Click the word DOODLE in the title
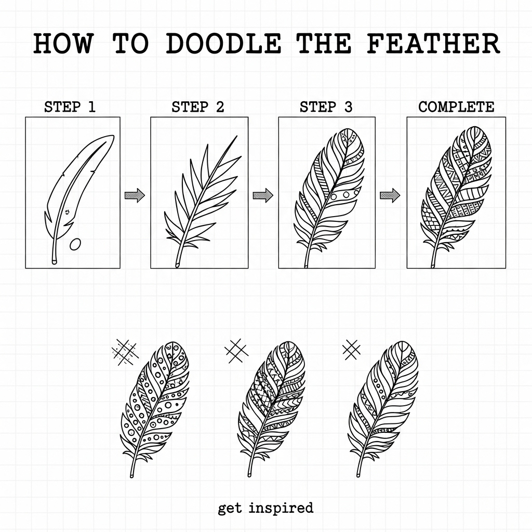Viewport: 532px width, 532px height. click(x=223, y=44)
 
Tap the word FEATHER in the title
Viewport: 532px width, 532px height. click(x=433, y=44)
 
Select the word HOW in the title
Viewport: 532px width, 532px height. click(x=63, y=44)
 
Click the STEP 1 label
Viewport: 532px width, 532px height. click(x=70, y=107)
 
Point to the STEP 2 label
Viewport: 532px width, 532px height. click(x=198, y=107)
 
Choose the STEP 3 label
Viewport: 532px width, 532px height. click(x=326, y=107)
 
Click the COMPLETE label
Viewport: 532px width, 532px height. click(x=456, y=107)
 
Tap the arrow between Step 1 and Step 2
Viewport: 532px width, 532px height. click(x=135, y=195)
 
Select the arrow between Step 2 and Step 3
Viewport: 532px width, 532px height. click(x=263, y=195)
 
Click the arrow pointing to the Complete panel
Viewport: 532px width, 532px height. click(x=390, y=195)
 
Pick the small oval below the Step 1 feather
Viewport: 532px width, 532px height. click(x=75, y=244)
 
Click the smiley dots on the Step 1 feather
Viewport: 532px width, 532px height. click(x=67, y=212)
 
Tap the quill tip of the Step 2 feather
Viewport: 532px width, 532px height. click(x=177, y=265)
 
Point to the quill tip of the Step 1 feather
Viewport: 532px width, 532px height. click(x=54, y=262)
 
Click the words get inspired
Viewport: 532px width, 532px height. click(x=265, y=508)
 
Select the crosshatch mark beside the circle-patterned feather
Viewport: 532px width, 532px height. click(x=125, y=353)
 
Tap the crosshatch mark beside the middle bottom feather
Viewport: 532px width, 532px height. click(x=236, y=351)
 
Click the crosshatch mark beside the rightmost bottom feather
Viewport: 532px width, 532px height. click(x=352, y=350)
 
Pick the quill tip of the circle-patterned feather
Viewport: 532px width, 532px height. click(x=131, y=475)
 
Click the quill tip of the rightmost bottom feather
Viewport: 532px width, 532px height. click(x=358, y=474)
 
